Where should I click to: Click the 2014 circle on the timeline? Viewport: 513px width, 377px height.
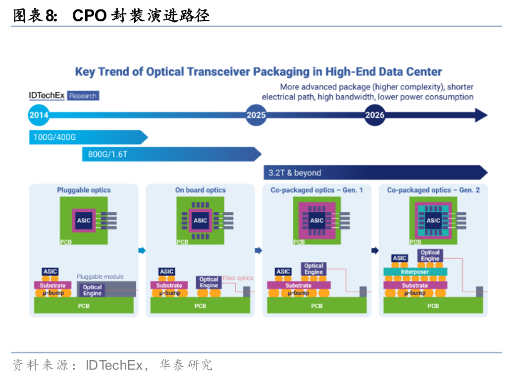coord(39,116)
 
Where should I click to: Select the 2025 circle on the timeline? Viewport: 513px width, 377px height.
coord(256,116)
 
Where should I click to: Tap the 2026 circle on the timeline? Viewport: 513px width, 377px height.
coord(375,116)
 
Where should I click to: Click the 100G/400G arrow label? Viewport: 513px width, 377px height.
coord(54,137)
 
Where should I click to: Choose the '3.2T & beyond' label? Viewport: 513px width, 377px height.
coord(295,173)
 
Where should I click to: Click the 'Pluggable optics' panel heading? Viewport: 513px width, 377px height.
coord(84,190)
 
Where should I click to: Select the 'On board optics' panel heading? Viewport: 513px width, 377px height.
coord(200,190)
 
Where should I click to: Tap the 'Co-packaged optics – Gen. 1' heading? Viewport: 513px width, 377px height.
coord(317,190)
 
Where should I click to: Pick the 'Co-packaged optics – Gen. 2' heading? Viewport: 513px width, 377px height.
coord(433,190)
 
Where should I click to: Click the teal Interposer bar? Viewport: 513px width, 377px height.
coord(415,272)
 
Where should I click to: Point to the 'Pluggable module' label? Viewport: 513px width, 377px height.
coord(100,276)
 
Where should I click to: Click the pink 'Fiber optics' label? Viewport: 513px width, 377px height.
coord(238,278)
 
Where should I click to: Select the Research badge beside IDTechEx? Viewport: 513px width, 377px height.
coord(83,96)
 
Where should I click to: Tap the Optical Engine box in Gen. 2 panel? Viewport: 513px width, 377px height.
coord(430,255)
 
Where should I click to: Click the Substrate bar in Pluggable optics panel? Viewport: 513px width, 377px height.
coord(52,285)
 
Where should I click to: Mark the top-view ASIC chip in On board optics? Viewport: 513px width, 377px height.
coord(200,220)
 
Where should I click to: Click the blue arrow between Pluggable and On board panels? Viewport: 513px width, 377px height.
coord(142,251)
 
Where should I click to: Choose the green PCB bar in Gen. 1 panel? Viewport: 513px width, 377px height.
coord(317,306)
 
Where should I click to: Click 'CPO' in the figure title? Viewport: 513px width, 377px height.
coord(89,16)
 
